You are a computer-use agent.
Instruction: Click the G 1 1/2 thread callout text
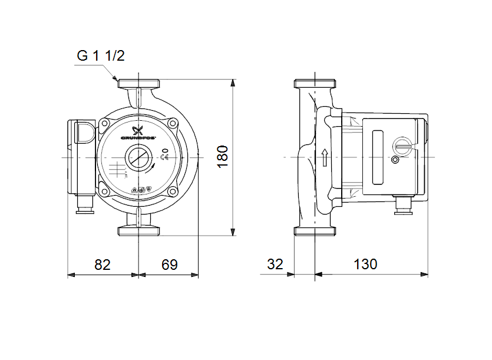[x=101, y=56]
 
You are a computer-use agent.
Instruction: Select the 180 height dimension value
[x=222, y=156]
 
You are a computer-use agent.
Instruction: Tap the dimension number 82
[x=103, y=265]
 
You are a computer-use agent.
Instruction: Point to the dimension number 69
[x=170, y=265]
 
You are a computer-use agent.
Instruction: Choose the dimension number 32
[x=275, y=265]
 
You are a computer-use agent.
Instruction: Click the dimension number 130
[x=365, y=265]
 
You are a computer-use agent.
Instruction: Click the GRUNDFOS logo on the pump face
[x=138, y=134]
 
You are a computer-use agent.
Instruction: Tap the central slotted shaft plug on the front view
[x=138, y=157]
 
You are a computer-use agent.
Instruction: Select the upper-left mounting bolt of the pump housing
[x=105, y=124]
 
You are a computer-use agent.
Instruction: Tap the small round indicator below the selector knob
[x=395, y=160]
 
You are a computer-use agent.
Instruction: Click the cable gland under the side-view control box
[x=404, y=206]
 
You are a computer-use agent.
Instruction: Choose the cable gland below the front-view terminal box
[x=85, y=206]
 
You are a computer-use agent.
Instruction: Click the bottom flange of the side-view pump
[x=316, y=231]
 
